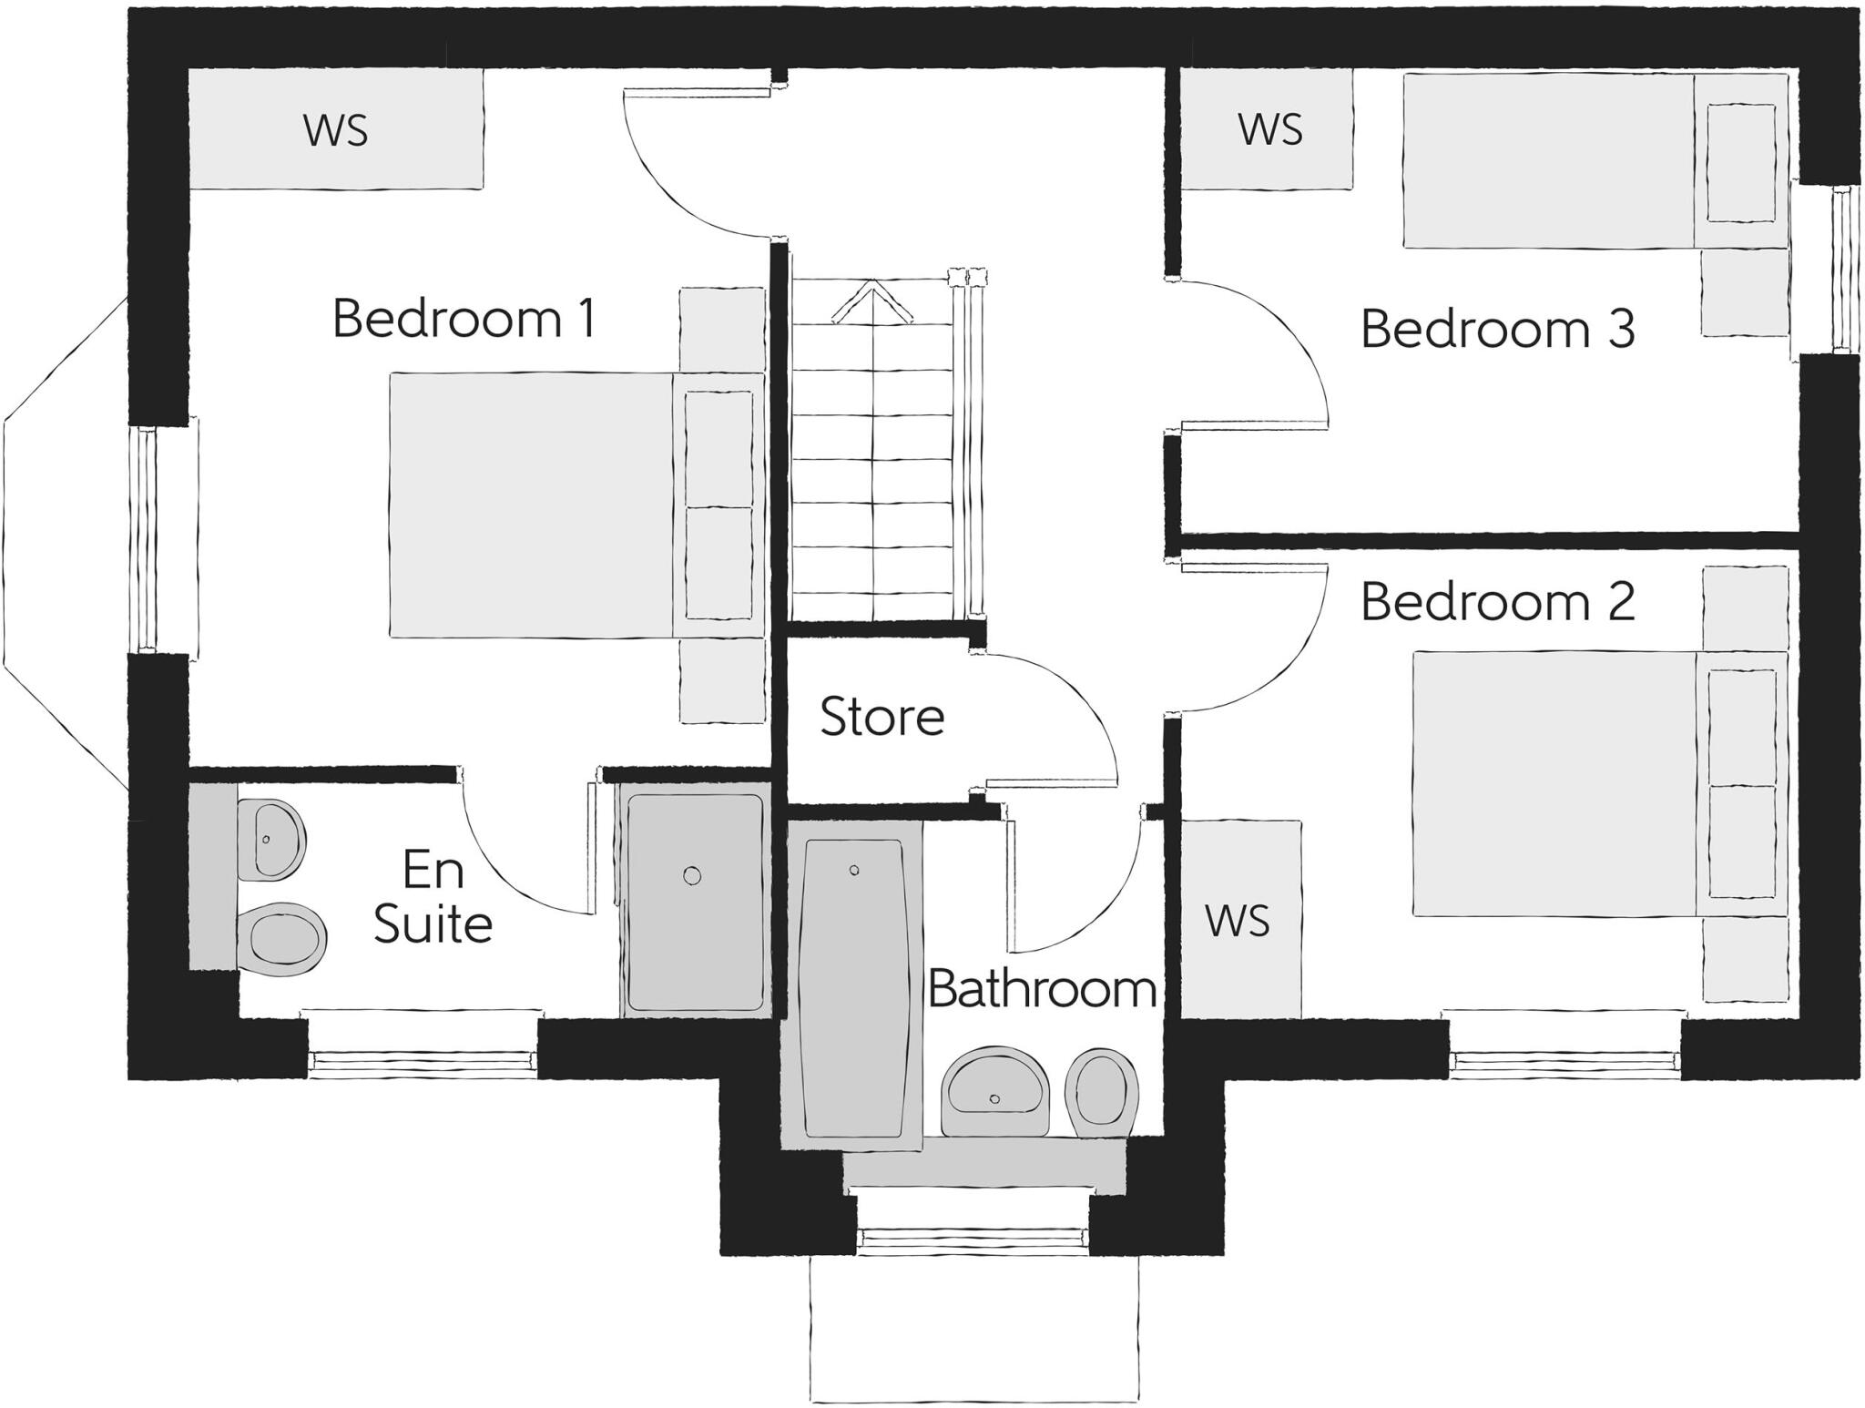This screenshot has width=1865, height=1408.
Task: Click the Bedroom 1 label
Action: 464,319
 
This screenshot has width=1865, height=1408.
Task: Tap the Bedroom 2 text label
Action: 1497,602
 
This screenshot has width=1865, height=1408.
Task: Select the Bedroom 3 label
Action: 1497,329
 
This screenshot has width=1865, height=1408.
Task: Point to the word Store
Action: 882,717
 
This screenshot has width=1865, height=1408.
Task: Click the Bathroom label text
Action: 1042,988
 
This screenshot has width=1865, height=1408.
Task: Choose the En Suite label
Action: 433,897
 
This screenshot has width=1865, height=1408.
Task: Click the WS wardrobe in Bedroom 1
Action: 335,130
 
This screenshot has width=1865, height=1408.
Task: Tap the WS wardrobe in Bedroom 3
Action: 1269,129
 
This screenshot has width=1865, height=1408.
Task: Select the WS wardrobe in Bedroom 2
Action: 1238,921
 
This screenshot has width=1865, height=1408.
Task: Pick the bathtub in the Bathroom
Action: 853,988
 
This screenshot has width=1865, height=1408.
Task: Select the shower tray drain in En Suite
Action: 692,876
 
